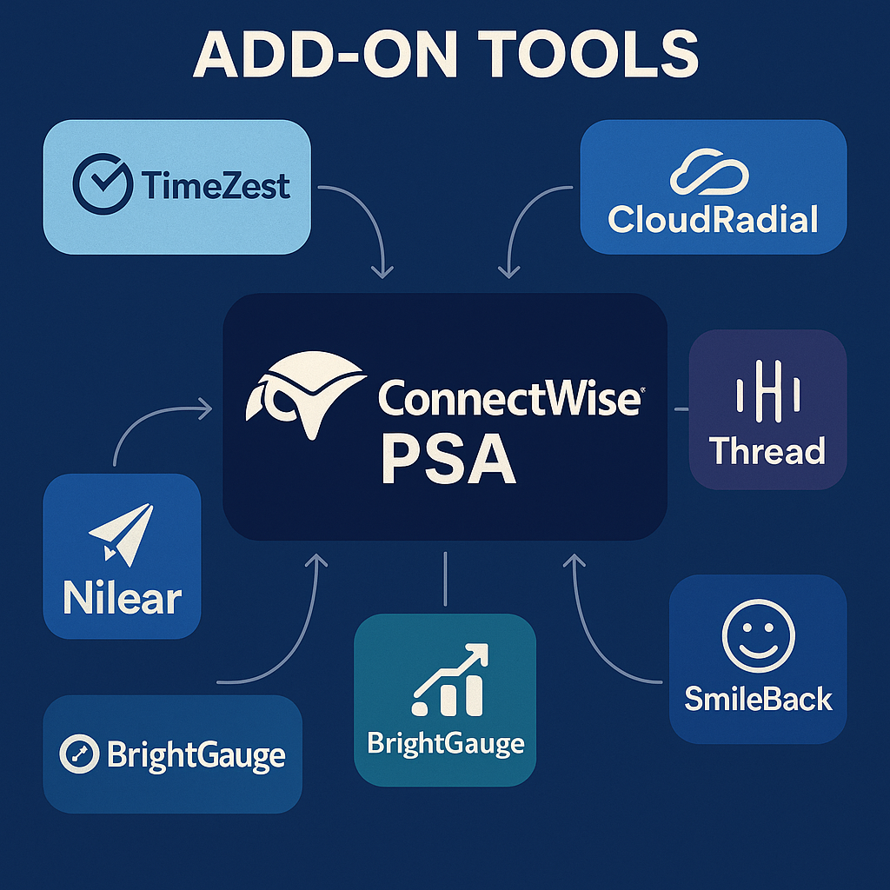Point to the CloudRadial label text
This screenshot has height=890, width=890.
713,219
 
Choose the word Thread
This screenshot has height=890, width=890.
767,451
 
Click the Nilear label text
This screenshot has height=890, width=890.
122,599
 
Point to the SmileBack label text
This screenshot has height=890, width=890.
758,698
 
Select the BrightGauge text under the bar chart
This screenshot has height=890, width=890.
445,744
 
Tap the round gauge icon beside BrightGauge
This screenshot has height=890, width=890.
78,754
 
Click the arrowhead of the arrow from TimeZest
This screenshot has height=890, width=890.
381,273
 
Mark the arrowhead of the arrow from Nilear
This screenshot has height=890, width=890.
207,406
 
